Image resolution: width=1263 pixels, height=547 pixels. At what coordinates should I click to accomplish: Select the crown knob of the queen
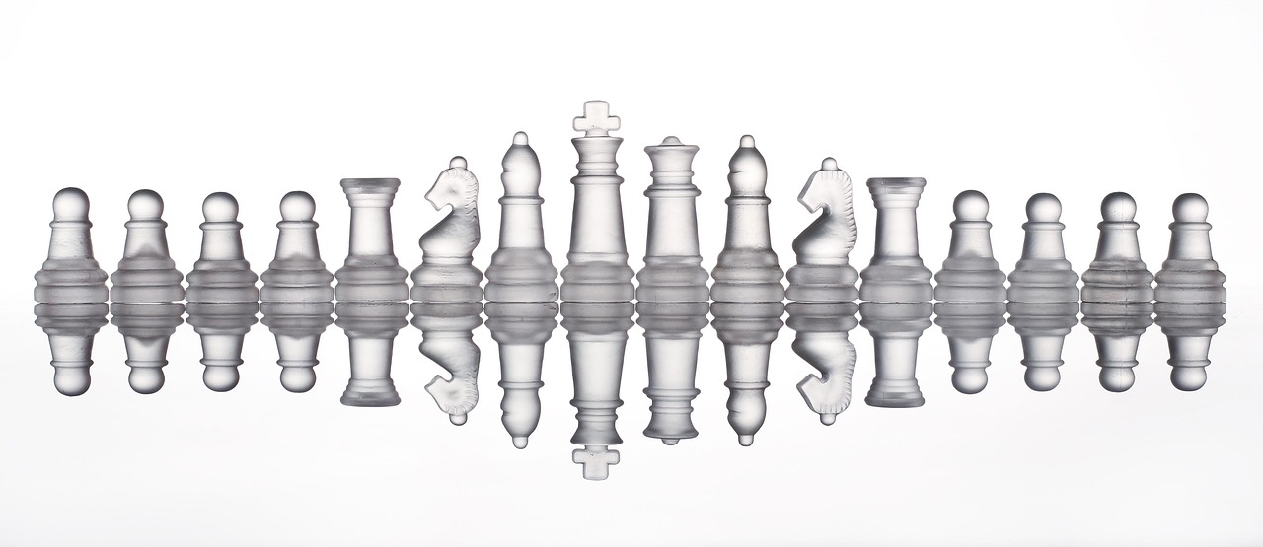tap(672, 143)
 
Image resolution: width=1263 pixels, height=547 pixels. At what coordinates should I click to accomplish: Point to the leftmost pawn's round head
tap(70, 204)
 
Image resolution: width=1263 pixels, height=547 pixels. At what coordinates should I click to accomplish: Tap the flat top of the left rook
tap(370, 184)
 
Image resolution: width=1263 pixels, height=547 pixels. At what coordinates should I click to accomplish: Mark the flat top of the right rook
tap(896, 184)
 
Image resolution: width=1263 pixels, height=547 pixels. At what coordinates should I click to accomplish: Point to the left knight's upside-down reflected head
tap(454, 394)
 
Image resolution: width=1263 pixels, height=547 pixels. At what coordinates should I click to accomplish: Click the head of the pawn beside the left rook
tap(296, 206)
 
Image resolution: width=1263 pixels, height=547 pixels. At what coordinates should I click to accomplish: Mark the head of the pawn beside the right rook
tap(971, 205)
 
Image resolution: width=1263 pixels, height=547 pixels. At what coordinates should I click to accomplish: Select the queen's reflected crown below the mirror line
tap(672, 434)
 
